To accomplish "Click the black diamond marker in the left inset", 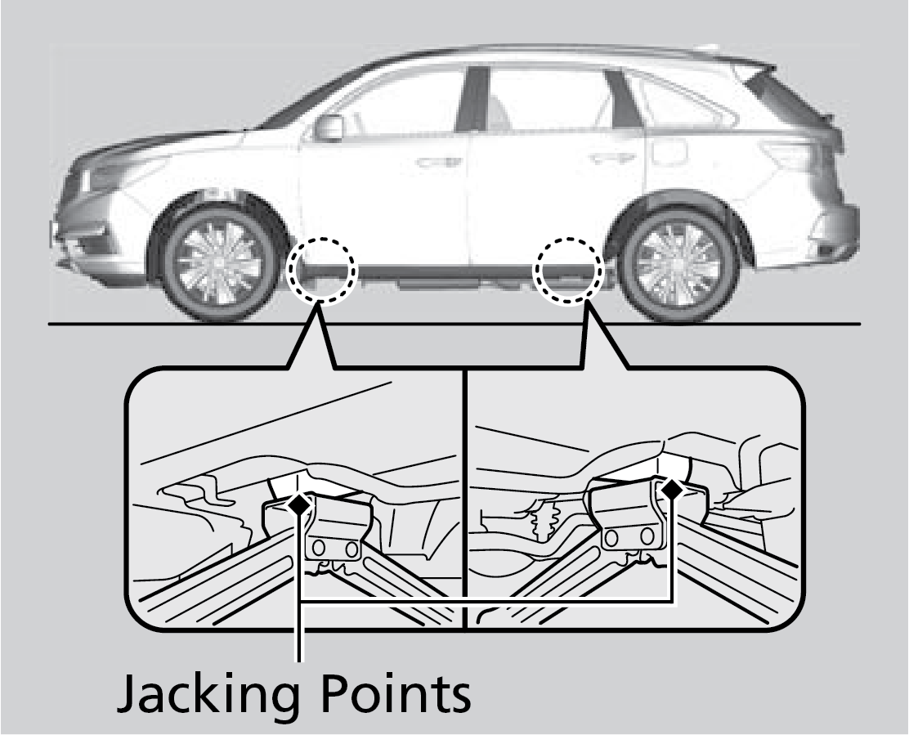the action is coord(300,504).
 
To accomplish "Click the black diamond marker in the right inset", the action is coord(672,490).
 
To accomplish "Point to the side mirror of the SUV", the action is coord(329,128).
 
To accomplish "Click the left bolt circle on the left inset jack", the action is coord(319,547).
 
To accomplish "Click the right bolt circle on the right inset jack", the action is coord(647,537).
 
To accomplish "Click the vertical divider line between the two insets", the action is coord(465,499).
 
